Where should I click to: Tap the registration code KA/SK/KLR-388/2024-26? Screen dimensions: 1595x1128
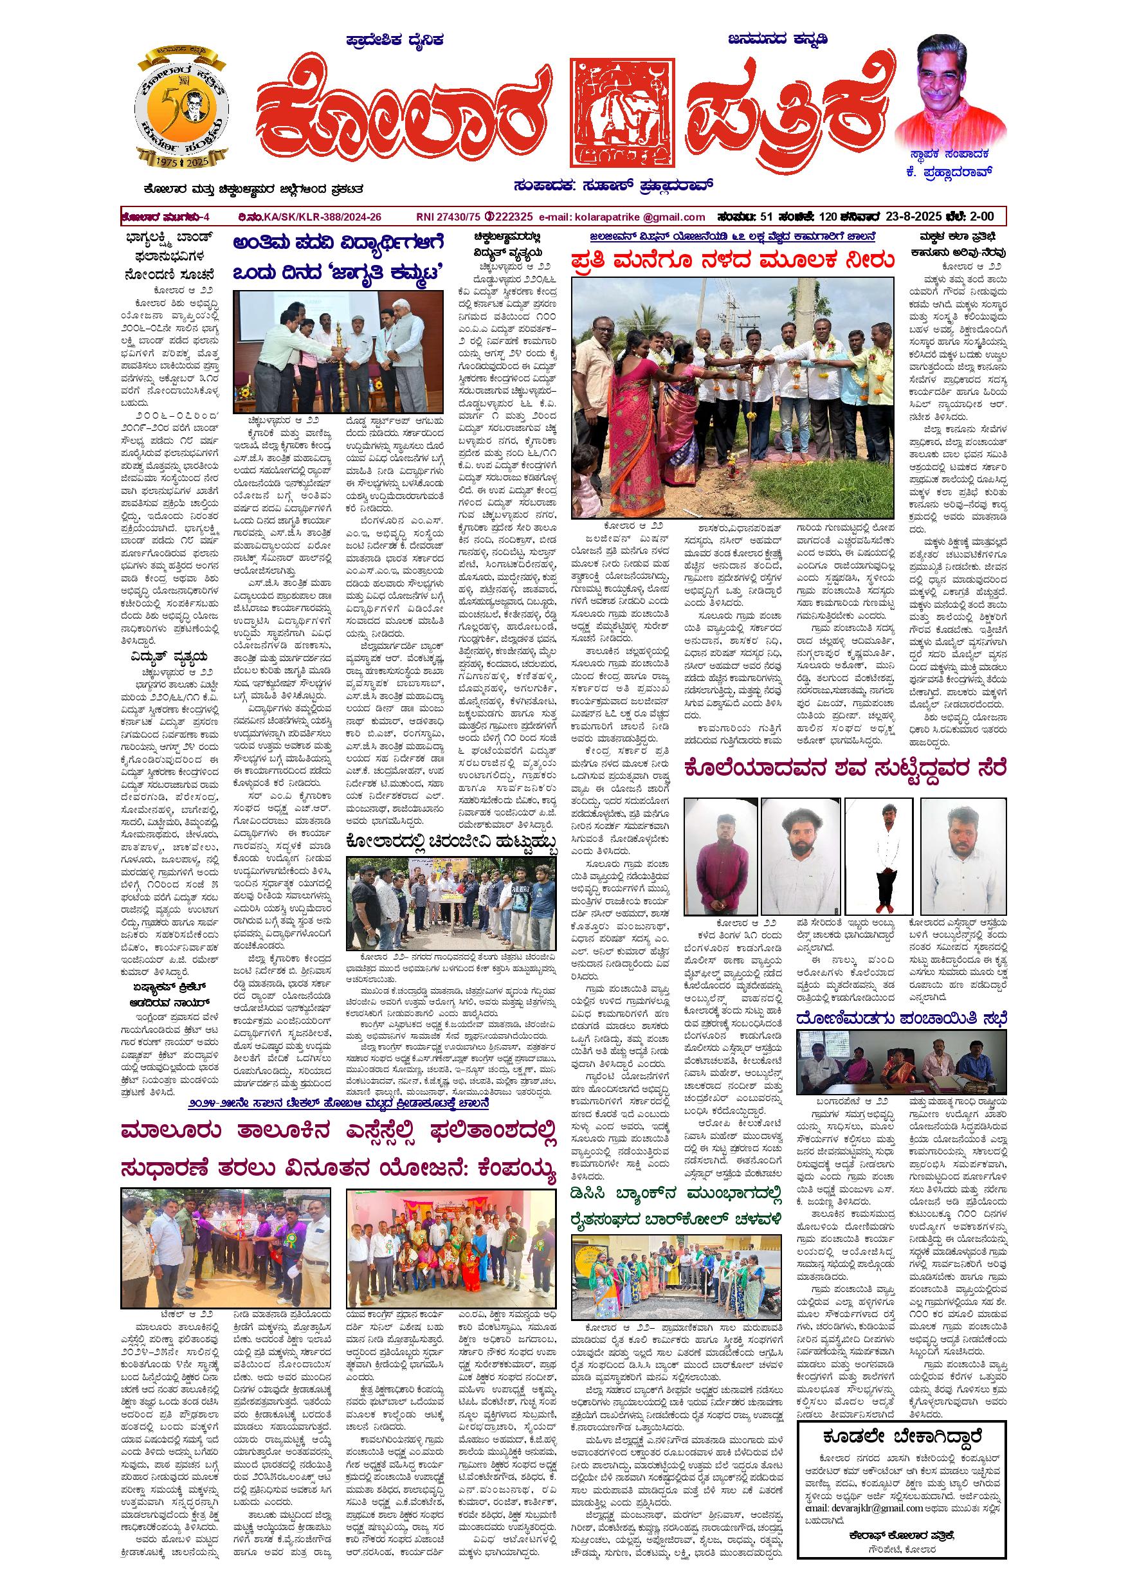[x=322, y=217]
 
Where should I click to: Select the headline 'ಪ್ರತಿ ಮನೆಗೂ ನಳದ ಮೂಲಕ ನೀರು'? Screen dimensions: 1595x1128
[x=731, y=261]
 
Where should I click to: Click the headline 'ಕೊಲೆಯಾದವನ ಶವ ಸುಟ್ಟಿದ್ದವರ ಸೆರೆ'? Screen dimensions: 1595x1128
[x=844, y=769]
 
